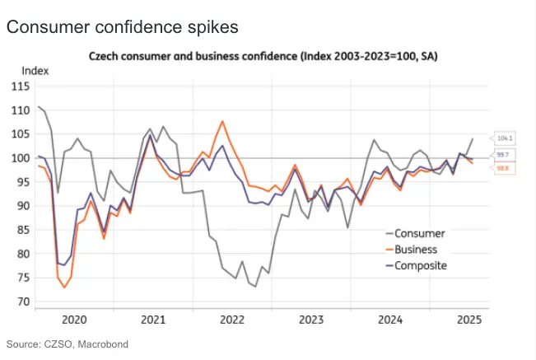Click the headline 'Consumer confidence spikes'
(122, 27)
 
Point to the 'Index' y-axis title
(35, 72)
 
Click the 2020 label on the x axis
(74, 319)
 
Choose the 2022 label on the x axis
(232, 319)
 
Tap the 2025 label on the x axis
(468, 319)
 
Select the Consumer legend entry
(421, 233)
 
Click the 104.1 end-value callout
(506, 139)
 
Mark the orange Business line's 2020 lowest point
(64, 288)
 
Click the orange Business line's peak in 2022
(222, 121)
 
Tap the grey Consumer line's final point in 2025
(473, 138)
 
